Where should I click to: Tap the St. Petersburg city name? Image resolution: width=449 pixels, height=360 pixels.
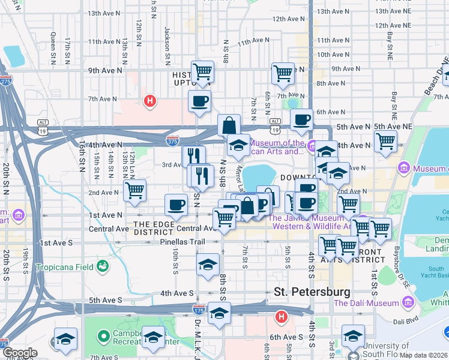tap(312, 292)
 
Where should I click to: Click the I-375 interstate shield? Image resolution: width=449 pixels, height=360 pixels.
tap(172, 140)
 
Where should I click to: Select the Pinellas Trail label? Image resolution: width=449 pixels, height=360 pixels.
tap(182, 242)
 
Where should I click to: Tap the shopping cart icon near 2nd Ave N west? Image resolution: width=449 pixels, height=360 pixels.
tap(135, 190)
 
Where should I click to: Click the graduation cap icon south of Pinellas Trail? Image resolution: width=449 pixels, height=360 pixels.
tap(208, 264)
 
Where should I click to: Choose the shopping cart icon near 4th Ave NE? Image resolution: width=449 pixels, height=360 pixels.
tap(385, 142)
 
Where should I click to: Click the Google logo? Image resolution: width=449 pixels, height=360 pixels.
tap(20, 353)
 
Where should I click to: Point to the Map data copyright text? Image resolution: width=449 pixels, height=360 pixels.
tap(424, 355)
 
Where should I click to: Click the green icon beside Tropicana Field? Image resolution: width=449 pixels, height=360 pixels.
tap(103, 265)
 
